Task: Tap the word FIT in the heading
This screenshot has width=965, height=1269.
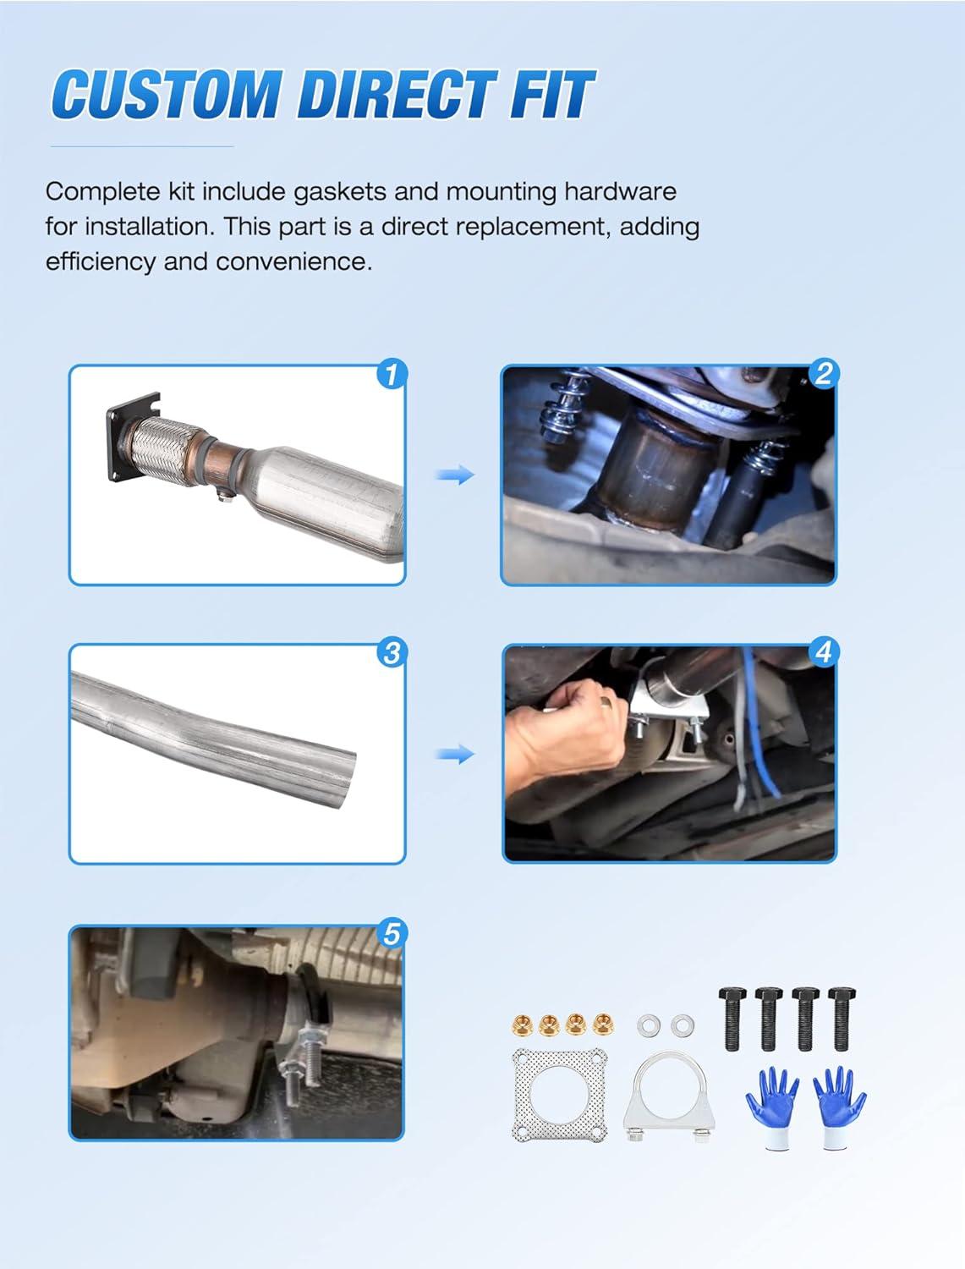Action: (551, 94)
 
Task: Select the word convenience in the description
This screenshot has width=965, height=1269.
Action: (293, 262)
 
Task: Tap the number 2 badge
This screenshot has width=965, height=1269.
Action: (823, 374)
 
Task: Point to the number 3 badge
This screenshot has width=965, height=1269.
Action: (392, 653)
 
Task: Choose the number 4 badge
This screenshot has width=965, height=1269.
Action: (823, 653)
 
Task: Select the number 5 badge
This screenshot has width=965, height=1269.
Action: (392, 933)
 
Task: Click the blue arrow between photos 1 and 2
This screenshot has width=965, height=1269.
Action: (455, 475)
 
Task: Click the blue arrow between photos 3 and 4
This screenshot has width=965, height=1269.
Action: (455, 755)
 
